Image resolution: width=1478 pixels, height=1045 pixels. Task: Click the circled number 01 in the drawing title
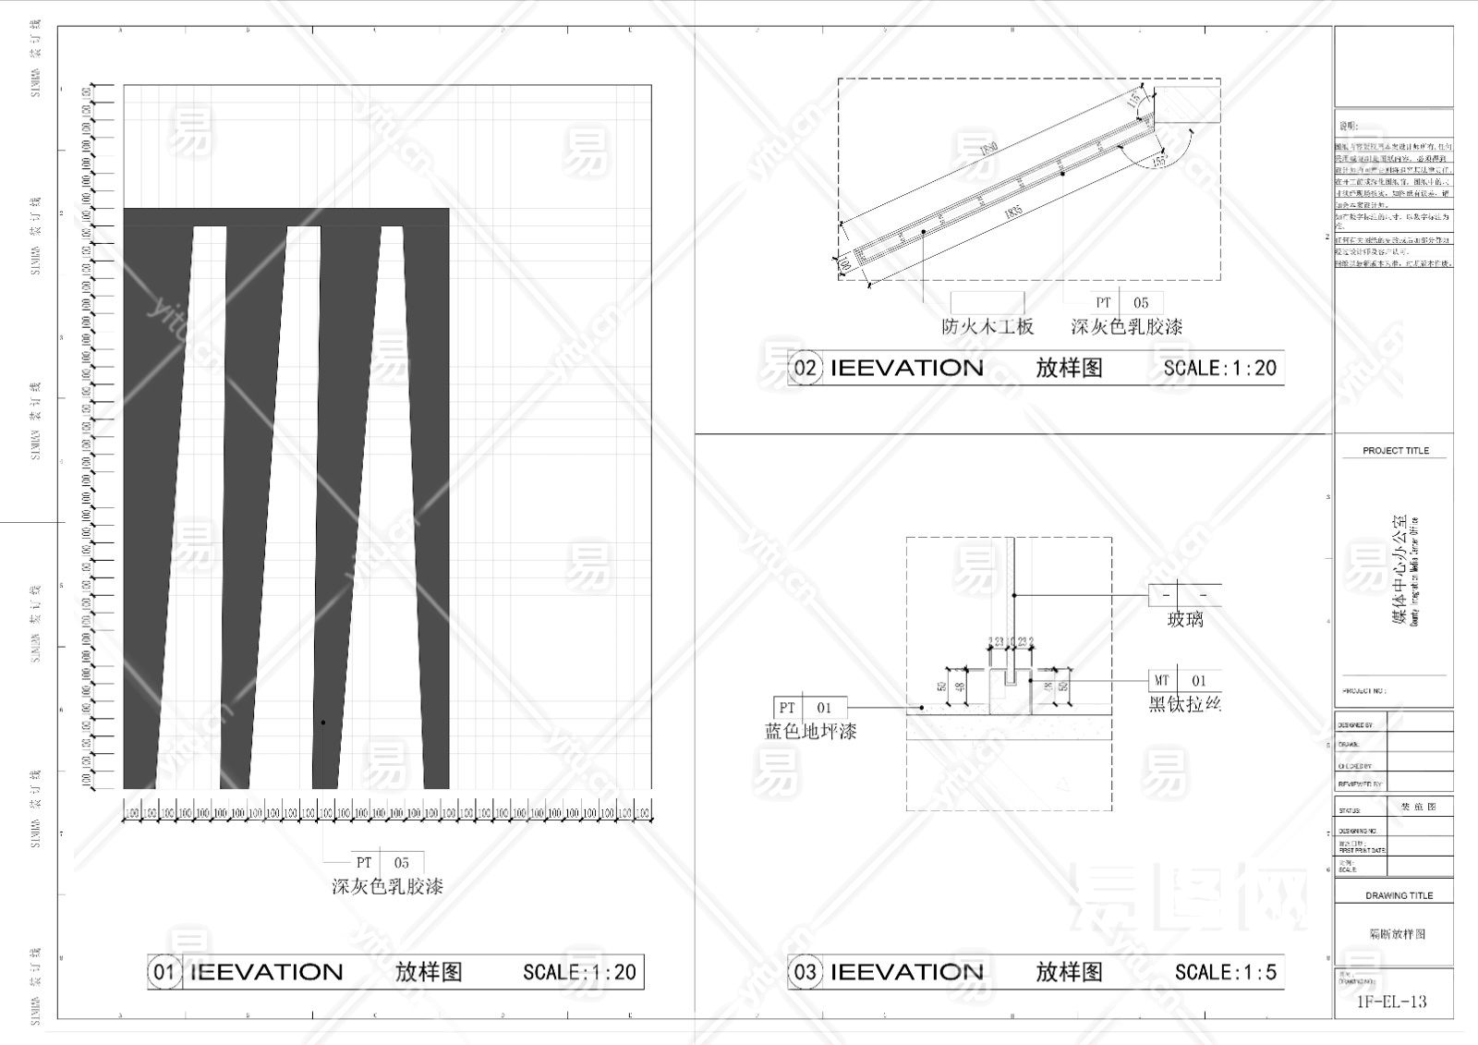(164, 972)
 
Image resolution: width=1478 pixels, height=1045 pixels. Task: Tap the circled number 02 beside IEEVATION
(805, 368)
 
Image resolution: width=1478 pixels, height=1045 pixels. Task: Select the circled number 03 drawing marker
(805, 972)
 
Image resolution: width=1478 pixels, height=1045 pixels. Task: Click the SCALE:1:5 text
(1225, 972)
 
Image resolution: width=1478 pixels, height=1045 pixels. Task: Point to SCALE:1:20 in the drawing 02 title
(1219, 368)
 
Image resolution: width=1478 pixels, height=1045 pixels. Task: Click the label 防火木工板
(987, 327)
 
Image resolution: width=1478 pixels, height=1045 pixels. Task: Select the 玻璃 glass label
(1185, 620)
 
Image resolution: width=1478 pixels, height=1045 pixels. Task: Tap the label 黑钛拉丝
(1185, 705)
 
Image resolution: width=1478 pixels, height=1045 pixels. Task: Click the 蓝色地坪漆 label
(810, 732)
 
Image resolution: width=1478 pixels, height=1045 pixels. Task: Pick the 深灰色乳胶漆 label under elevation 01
(387, 887)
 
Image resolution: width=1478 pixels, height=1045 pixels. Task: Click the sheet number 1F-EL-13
(1391, 1002)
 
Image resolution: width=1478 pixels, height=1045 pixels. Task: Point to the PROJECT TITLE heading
(1395, 451)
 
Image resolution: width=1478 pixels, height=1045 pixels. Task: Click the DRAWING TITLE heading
(1399, 895)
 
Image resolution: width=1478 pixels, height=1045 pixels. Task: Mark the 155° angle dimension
(1160, 160)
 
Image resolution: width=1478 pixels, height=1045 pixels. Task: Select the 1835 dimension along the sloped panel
(1013, 213)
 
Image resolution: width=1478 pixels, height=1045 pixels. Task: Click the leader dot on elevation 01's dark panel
(322, 723)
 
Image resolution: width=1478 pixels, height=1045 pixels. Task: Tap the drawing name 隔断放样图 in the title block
(1397, 934)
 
